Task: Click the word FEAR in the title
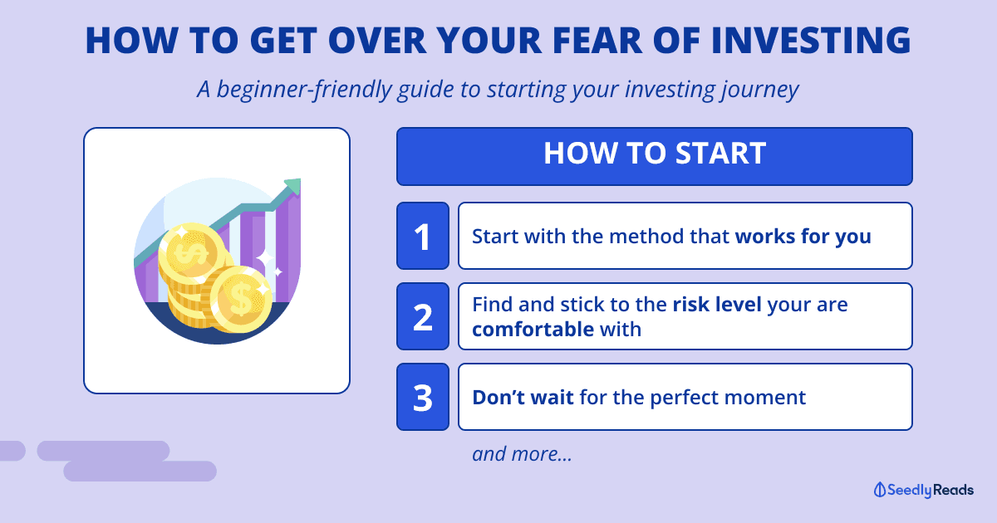pyautogui.click(x=597, y=40)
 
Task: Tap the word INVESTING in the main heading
pyautogui.click(x=811, y=40)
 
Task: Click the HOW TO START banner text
pyautogui.click(x=655, y=154)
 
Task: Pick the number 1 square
pyautogui.click(x=423, y=236)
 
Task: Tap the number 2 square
pyautogui.click(x=423, y=316)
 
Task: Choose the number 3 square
pyautogui.click(x=423, y=397)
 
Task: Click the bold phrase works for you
pyautogui.click(x=803, y=237)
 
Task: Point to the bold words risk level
pyautogui.click(x=716, y=305)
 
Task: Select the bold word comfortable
pyautogui.click(x=533, y=330)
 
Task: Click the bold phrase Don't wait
pyautogui.click(x=523, y=397)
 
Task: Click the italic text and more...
pyautogui.click(x=522, y=454)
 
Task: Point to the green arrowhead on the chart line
pyautogui.click(x=294, y=186)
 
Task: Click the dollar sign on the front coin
pyautogui.click(x=241, y=299)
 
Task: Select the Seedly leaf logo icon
pyautogui.click(x=880, y=490)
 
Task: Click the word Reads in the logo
pyautogui.click(x=954, y=490)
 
